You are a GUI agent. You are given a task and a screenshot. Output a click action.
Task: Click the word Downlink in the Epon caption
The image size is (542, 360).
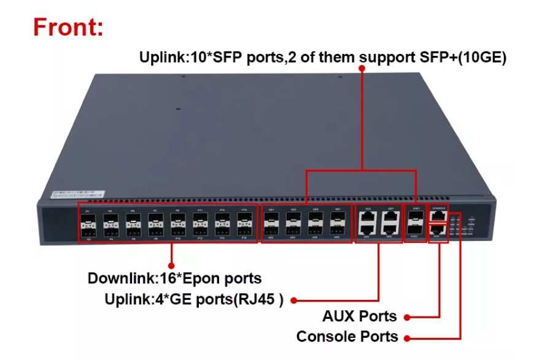coord(118,278)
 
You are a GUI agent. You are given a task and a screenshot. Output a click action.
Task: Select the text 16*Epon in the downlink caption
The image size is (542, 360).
coord(184,278)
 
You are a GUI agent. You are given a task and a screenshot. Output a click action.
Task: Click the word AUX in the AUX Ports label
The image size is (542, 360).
coord(341,317)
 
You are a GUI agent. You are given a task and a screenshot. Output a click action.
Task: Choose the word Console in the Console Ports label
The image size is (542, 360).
coord(323,337)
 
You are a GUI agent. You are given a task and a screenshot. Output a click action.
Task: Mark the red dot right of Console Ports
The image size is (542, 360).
coord(408,337)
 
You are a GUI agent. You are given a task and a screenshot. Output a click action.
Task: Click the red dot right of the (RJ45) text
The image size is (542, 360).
coord(294,301)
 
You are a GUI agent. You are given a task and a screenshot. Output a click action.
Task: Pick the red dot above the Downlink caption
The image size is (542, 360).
coord(171,248)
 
